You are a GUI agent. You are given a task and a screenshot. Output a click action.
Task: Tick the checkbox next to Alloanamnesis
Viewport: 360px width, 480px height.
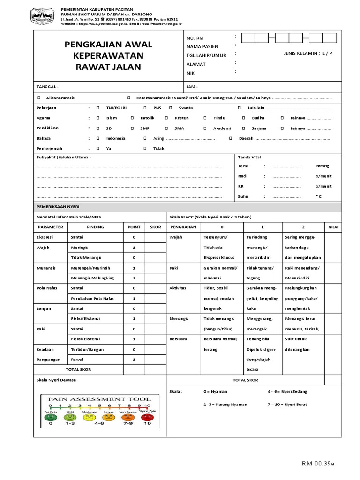39,97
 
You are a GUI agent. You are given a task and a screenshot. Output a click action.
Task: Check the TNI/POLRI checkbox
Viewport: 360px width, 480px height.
98,108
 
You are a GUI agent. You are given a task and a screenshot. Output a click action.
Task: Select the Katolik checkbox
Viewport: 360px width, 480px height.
132,118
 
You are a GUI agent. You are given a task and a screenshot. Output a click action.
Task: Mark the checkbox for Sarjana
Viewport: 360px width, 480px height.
243,128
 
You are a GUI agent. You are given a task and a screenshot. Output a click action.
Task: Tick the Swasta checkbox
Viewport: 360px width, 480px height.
171,108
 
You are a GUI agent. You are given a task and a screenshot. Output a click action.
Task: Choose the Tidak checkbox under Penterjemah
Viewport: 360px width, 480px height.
145,148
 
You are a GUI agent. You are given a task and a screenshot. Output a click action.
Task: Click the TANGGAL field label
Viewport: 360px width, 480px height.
48,87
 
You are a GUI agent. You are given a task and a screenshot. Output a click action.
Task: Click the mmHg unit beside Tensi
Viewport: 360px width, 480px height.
323,166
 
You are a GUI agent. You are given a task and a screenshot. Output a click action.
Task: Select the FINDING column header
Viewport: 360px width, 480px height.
96,227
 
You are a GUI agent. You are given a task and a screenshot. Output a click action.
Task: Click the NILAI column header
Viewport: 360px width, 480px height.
333,227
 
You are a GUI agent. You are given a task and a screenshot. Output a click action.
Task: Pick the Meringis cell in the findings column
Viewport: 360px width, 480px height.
79,247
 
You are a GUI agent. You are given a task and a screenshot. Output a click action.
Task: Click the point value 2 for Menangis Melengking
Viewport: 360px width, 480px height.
134,278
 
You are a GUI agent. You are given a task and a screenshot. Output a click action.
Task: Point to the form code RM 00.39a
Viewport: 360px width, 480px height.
318,464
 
